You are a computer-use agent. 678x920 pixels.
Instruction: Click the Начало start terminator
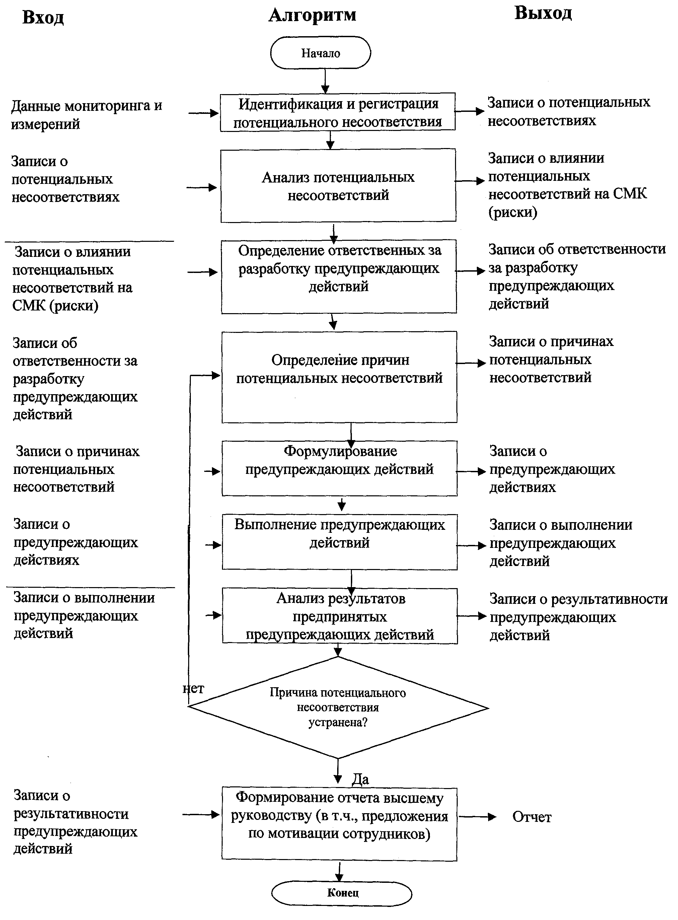320,53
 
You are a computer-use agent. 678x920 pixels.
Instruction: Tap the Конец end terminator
342,893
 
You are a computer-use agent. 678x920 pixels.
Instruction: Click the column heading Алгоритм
312,16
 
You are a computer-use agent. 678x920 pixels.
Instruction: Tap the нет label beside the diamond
193,689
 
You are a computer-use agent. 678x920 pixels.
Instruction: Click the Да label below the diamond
360,779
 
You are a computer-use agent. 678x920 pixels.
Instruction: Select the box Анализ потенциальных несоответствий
338,186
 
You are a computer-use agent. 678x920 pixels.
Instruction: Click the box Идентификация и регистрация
338,112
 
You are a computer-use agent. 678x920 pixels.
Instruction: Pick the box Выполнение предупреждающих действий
340,542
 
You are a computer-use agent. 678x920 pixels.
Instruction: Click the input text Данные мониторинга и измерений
86,115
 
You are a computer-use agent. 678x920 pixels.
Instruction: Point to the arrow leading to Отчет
477,817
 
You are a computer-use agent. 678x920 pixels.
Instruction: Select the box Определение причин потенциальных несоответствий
340,377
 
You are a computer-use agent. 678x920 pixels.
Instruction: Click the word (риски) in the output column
513,212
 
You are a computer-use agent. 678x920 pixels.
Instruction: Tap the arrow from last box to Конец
340,871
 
